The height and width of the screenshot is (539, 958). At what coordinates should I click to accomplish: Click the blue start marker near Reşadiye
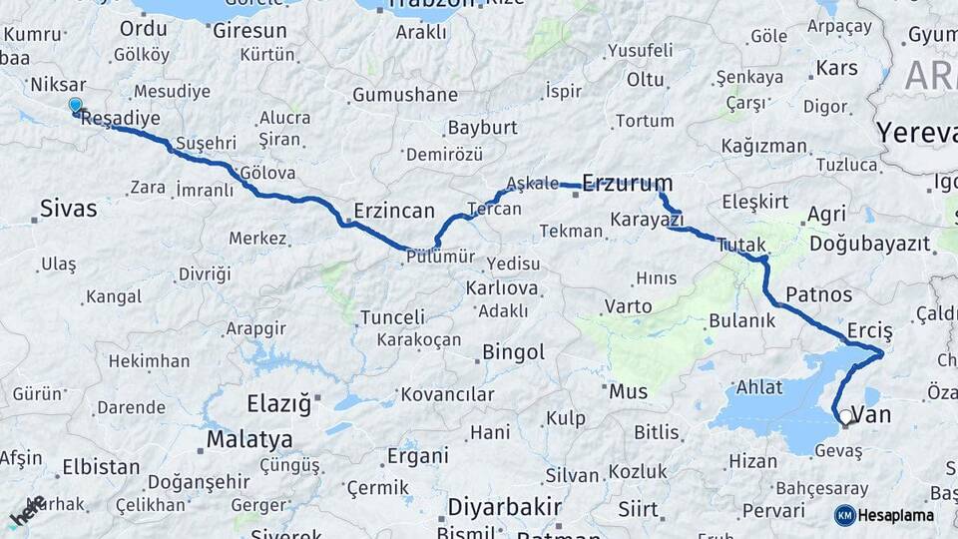coord(75,105)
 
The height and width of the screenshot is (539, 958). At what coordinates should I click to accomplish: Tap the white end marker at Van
coord(846,417)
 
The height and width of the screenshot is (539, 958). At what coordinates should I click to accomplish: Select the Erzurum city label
coord(627,183)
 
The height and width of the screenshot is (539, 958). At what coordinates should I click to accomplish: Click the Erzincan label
coord(394,211)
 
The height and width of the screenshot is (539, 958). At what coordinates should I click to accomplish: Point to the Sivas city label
coord(69,209)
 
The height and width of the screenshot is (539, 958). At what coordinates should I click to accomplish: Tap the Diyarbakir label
coord(504,506)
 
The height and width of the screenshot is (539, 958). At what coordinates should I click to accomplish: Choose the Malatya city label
coord(249,439)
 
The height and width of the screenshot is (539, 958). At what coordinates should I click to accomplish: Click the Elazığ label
coord(278,404)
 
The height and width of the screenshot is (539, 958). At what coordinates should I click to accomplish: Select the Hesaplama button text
coord(897,515)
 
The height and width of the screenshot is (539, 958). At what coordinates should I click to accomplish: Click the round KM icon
coord(845,515)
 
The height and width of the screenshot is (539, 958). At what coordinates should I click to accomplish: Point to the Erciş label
coord(869,330)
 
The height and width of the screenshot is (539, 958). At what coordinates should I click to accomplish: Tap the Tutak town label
coord(741,245)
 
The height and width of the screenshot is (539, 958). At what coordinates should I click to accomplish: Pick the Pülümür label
coord(440,258)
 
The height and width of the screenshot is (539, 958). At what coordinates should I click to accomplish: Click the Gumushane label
coord(404,96)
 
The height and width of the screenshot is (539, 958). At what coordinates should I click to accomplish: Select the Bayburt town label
coord(482,128)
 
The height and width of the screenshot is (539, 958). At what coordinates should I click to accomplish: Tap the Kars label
coord(836,69)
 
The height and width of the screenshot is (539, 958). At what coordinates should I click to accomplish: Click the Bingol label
coord(513,352)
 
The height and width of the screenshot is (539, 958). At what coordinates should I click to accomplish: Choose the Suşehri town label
coord(206,143)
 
